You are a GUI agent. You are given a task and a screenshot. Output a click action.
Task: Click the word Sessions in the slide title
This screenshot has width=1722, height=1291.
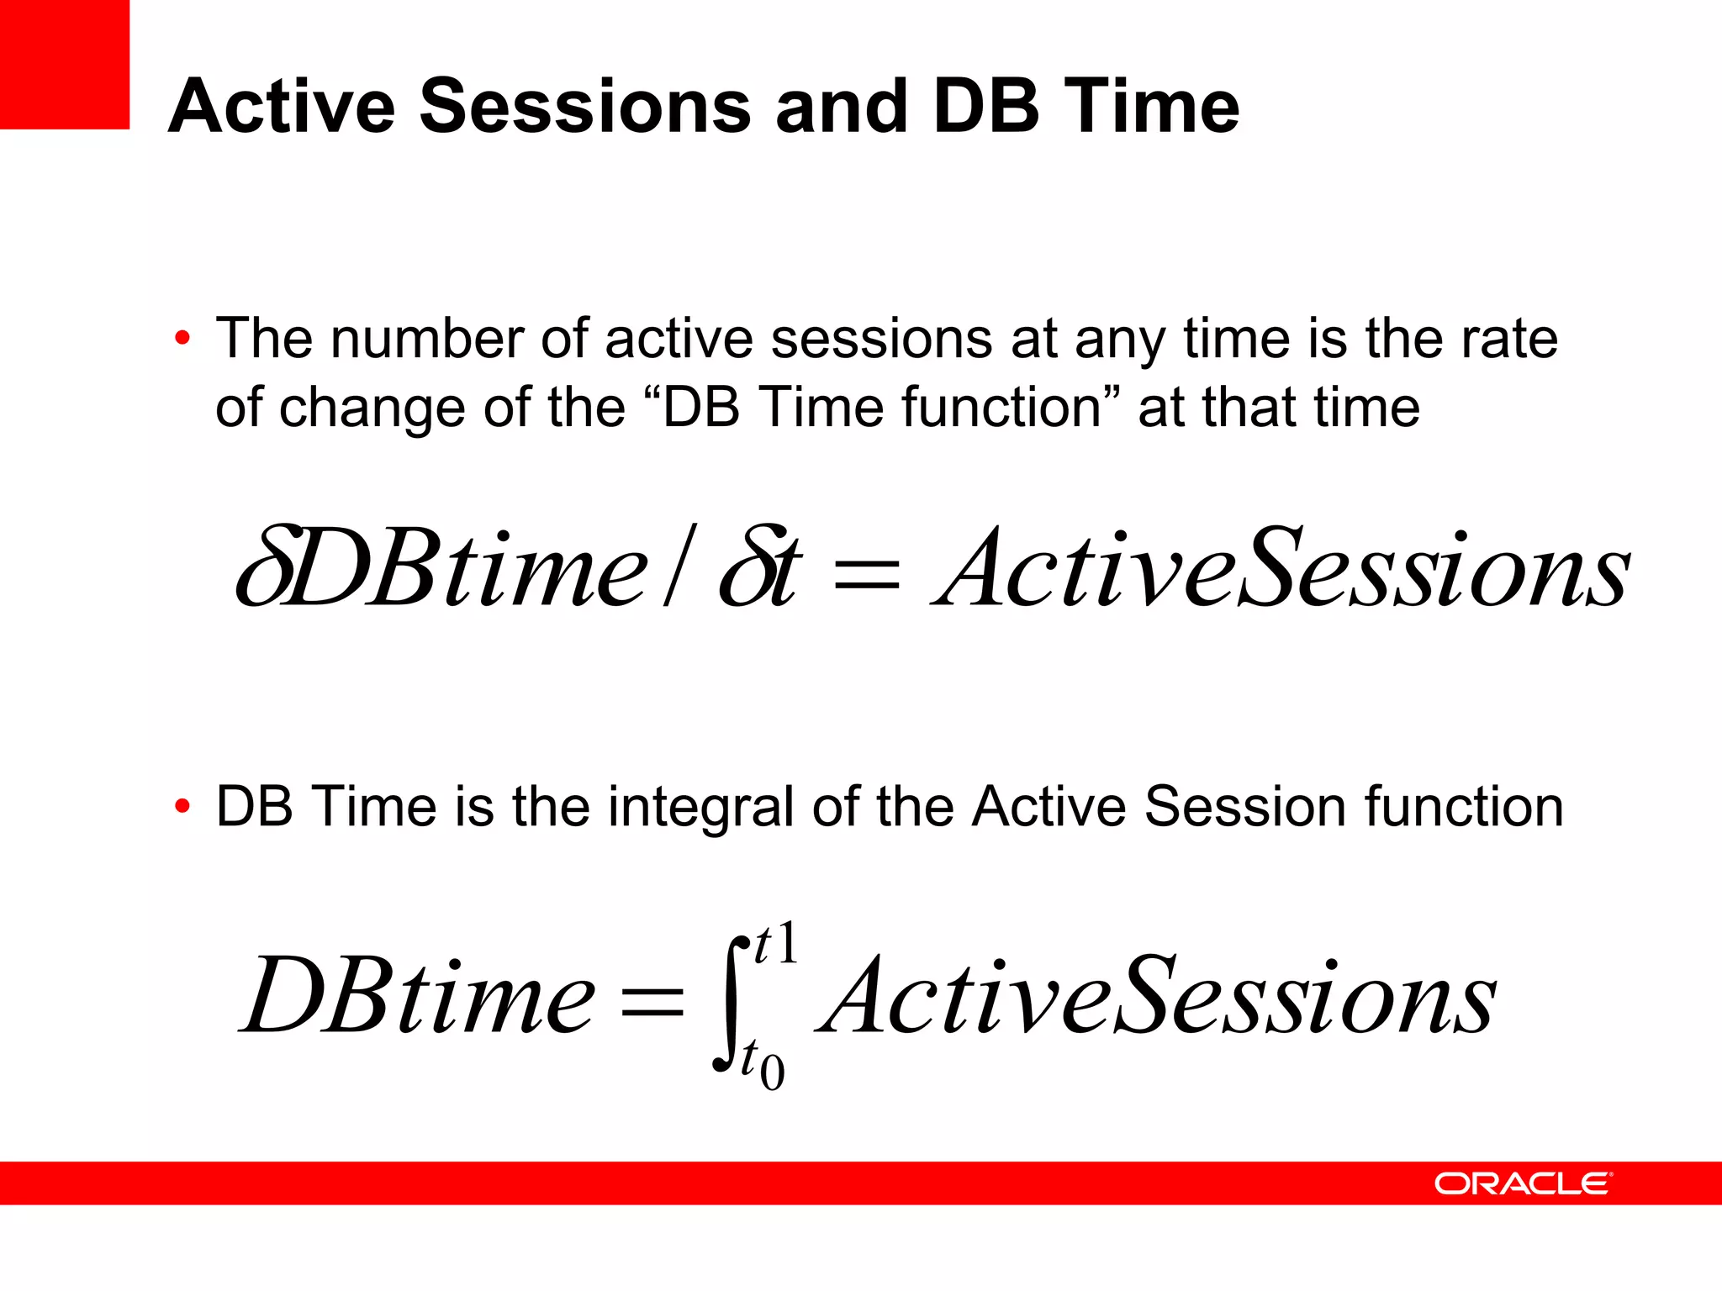(584, 107)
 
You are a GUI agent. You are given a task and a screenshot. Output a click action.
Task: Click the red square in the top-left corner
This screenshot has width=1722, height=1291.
(64, 64)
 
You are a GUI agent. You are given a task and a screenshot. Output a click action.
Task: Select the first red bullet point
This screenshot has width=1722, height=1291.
(182, 340)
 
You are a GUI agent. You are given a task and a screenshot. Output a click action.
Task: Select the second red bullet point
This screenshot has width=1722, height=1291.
(182, 807)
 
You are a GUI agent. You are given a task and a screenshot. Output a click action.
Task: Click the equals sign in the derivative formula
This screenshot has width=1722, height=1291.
(866, 577)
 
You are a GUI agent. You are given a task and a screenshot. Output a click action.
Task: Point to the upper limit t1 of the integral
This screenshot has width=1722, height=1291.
(775, 945)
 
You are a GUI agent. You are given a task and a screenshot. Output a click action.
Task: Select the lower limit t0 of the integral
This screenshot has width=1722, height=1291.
(762, 1064)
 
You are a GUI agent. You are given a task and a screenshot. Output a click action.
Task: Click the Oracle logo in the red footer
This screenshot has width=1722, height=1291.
(1523, 1183)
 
